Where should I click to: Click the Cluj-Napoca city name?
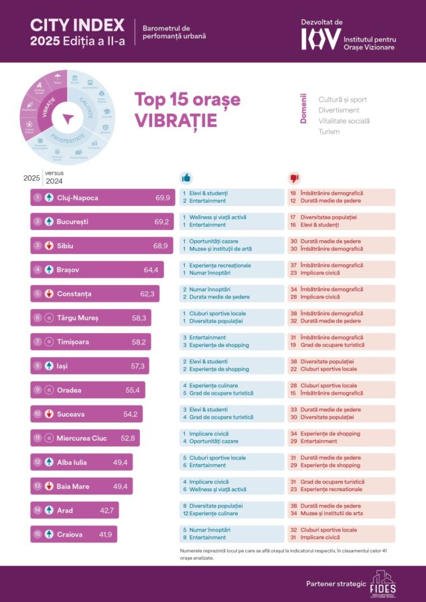(x=76, y=197)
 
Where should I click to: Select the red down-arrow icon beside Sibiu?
(x=50, y=245)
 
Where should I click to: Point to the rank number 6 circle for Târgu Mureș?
(x=38, y=318)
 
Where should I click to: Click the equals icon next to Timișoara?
(x=50, y=342)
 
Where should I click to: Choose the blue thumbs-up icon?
(x=186, y=178)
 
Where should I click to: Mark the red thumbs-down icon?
(x=293, y=178)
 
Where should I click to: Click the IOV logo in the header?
(x=321, y=39)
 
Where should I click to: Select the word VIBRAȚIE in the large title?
(x=175, y=120)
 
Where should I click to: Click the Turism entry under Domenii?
(x=329, y=132)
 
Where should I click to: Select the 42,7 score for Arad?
(x=109, y=510)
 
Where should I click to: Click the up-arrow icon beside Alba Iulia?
(x=50, y=462)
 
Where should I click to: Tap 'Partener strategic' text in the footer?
(x=336, y=584)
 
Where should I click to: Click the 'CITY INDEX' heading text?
(x=77, y=25)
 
